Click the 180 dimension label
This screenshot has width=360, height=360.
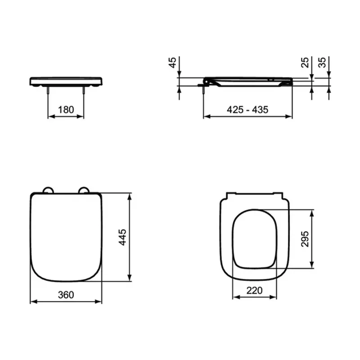66,110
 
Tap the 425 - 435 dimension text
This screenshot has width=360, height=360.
247,110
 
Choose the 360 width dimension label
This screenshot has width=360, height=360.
66,295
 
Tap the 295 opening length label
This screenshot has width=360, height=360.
305,238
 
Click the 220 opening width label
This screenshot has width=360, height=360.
254,291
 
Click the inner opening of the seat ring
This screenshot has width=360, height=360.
254,238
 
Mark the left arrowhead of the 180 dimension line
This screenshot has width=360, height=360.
50,117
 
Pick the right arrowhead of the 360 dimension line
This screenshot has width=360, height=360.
99,301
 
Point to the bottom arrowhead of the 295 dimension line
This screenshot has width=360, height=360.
311,266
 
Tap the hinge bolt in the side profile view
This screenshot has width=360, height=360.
204,90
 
